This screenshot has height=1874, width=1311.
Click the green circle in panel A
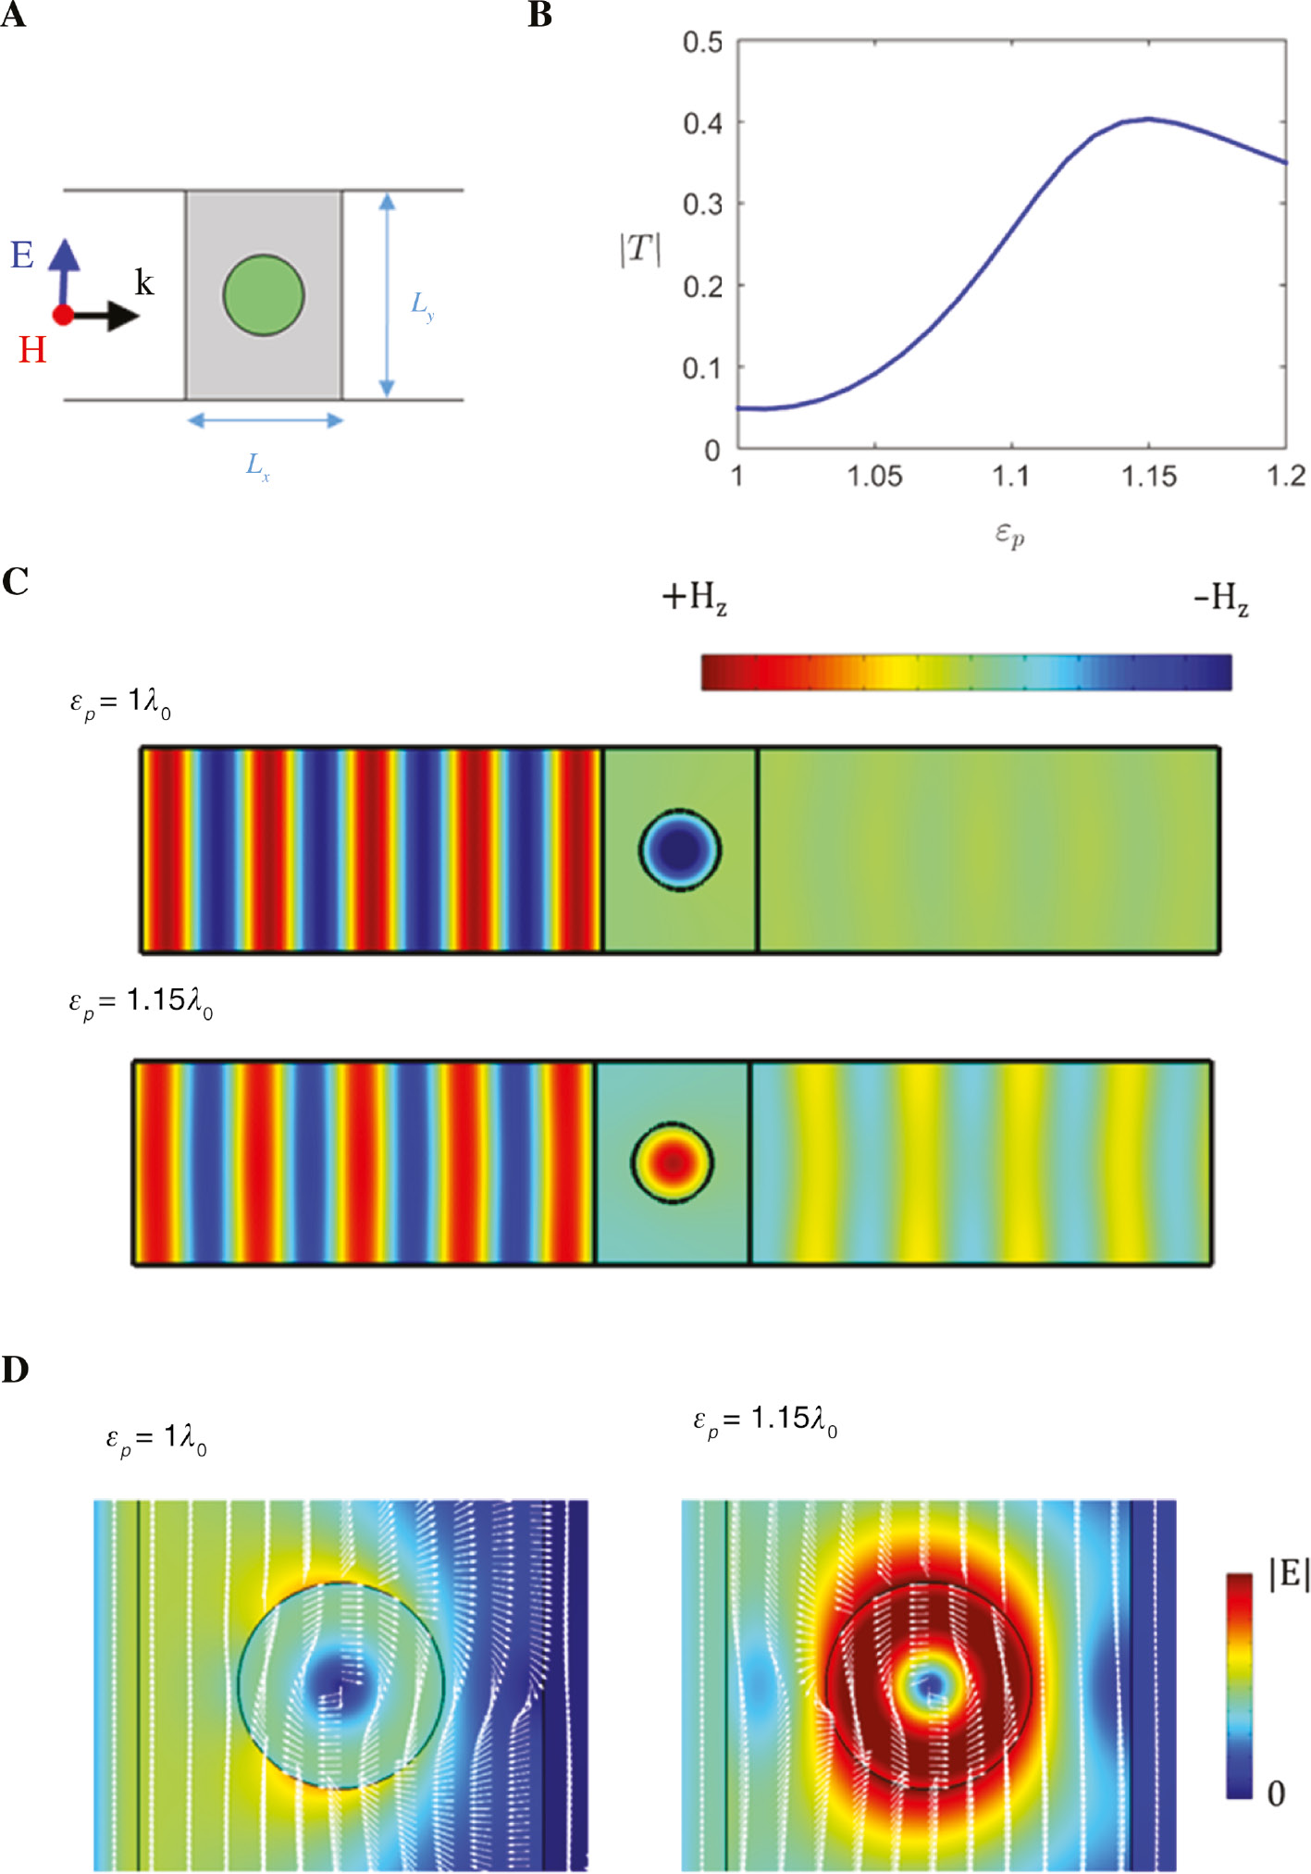[x=263, y=295]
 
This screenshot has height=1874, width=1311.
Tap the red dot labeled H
[x=62, y=316]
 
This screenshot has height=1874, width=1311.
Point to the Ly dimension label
[x=422, y=304]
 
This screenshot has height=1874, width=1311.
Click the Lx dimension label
[x=258, y=465]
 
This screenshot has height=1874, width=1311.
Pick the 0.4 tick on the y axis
[x=702, y=123]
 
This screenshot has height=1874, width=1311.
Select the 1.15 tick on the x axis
[x=1148, y=478]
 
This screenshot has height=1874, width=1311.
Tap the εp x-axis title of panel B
[x=1009, y=534]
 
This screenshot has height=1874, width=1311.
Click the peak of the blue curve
[x=1148, y=118]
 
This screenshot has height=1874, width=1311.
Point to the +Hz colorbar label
[x=694, y=597]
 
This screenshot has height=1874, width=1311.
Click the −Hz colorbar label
[x=1220, y=598]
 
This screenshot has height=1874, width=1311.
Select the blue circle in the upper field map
[x=680, y=850]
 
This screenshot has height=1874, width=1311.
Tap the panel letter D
[x=15, y=1370]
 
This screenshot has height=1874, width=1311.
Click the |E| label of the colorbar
[x=1289, y=1574]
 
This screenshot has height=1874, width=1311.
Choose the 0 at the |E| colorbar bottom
[x=1276, y=1793]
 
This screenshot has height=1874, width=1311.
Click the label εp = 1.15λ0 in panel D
[x=765, y=1420]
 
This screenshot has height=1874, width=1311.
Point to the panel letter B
[x=539, y=16]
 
